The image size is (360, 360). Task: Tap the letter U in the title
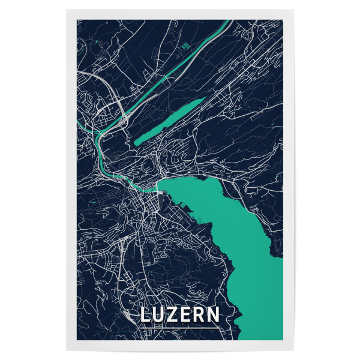(160, 315)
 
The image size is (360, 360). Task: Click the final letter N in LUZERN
(214, 315)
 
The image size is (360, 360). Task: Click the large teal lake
(240, 240)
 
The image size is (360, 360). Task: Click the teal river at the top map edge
(229, 22)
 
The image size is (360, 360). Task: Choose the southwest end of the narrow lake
(136, 143)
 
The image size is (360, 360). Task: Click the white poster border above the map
(180, 14)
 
